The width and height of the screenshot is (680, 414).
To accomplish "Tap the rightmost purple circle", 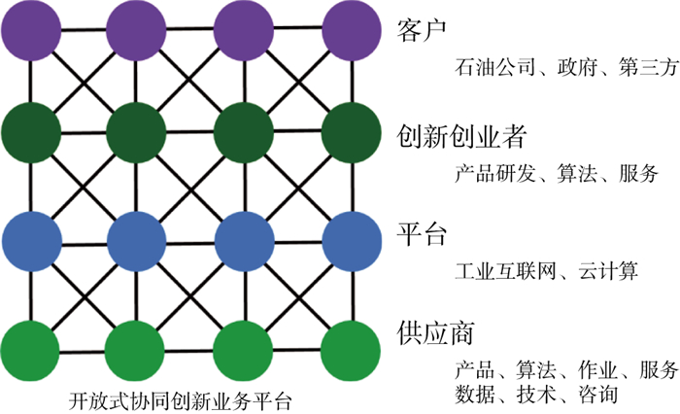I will click(350, 29).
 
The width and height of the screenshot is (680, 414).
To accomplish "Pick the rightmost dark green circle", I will click(350, 130).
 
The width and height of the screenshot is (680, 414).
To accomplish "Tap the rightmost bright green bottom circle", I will click(350, 345).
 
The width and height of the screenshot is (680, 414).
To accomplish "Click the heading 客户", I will click(421, 29).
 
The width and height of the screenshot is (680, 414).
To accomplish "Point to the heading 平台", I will click(421, 234).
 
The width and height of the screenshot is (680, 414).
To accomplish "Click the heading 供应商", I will click(434, 331).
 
